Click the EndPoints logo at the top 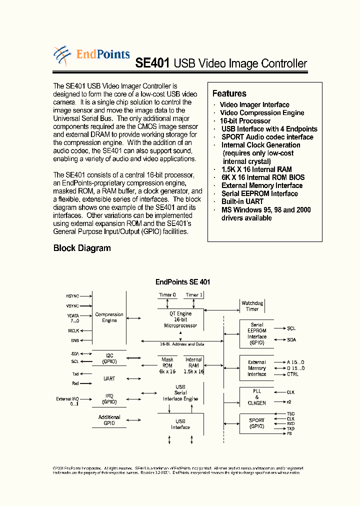click(91, 55)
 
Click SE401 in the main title click(153, 63)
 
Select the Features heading click(229, 93)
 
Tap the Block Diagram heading click(82, 248)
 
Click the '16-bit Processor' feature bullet click(245, 121)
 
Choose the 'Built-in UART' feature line click(242, 201)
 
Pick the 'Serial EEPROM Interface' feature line click(259, 193)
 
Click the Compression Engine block click(109, 317)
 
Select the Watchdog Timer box click(252, 306)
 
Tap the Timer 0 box click(167, 295)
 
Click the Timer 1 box click(194, 295)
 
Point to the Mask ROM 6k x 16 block click(167, 365)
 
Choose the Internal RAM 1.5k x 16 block click(193, 365)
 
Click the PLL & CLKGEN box click(257, 396)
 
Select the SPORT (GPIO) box click(257, 423)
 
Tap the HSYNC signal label click(72, 296)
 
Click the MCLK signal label click(73, 330)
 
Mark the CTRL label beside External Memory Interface click(292, 374)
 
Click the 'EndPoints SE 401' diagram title click(182, 282)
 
